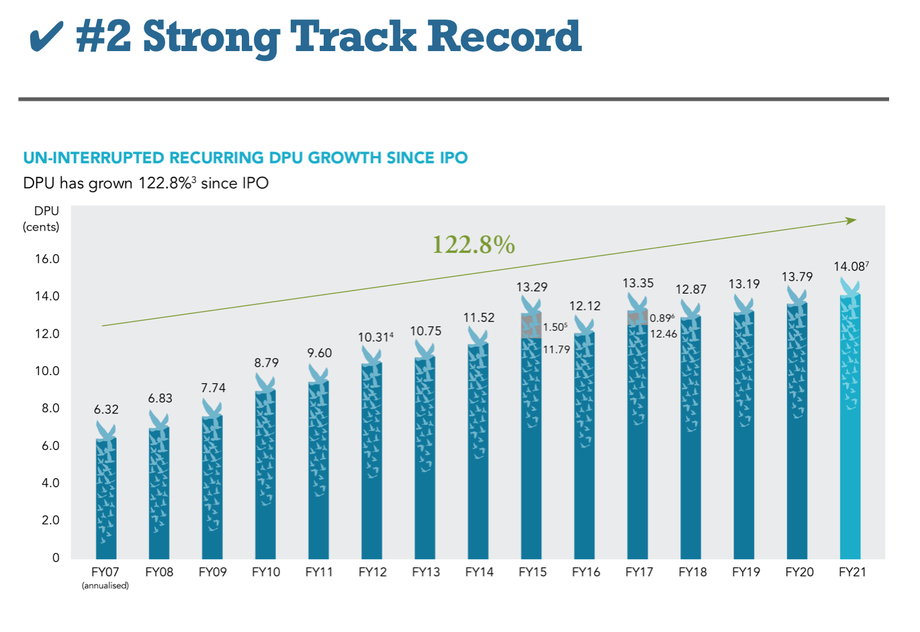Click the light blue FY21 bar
[850, 430]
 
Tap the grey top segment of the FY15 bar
[531, 325]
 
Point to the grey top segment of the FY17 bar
[637, 318]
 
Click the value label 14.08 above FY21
[849, 267]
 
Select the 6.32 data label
[106, 409]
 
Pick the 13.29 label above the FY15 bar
[532, 287]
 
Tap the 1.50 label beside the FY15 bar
[555, 327]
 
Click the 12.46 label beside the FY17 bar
[663, 334]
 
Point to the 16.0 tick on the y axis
[47, 259]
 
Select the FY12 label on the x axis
[373, 572]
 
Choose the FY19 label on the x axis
[746, 572]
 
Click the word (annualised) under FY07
[105, 586]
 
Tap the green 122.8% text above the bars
[473, 245]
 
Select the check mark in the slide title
[47, 37]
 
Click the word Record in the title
[504, 37]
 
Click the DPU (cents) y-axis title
[42, 219]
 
